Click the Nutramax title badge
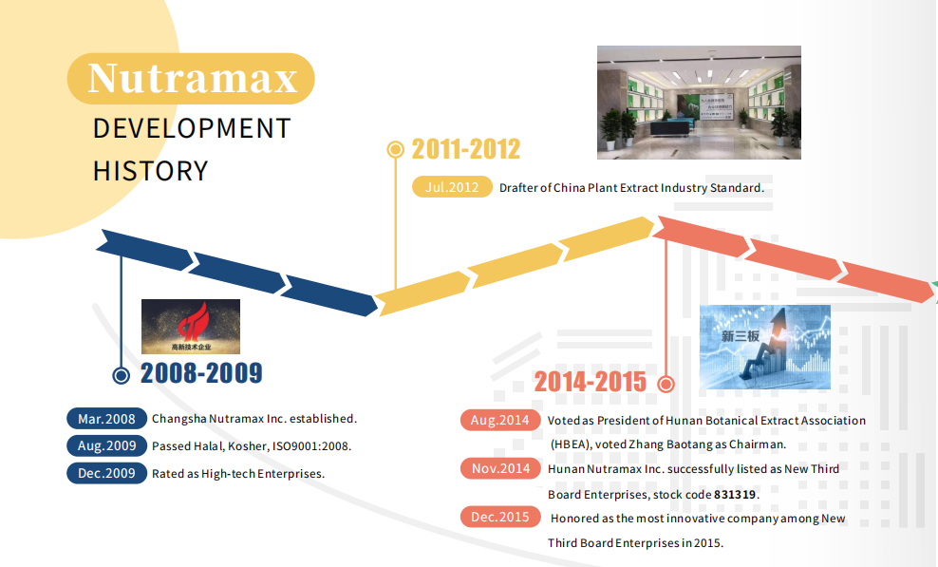point(191,79)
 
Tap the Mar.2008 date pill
point(106,419)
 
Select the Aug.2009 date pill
point(106,446)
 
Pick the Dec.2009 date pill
point(106,473)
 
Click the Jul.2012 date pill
point(452,187)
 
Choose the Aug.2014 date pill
point(500,421)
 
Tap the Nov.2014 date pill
point(500,468)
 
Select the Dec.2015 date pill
point(500,517)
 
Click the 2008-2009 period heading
point(201,373)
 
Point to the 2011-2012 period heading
point(466,149)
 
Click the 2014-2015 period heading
point(590,382)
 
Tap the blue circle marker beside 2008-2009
point(122,375)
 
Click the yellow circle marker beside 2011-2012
point(395,149)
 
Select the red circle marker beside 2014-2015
point(666,384)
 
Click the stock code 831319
point(735,495)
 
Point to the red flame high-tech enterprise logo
point(191,327)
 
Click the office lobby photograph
point(699,103)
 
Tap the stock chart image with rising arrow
point(765,348)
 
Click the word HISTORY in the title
point(151,171)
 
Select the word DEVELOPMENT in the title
point(192,129)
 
